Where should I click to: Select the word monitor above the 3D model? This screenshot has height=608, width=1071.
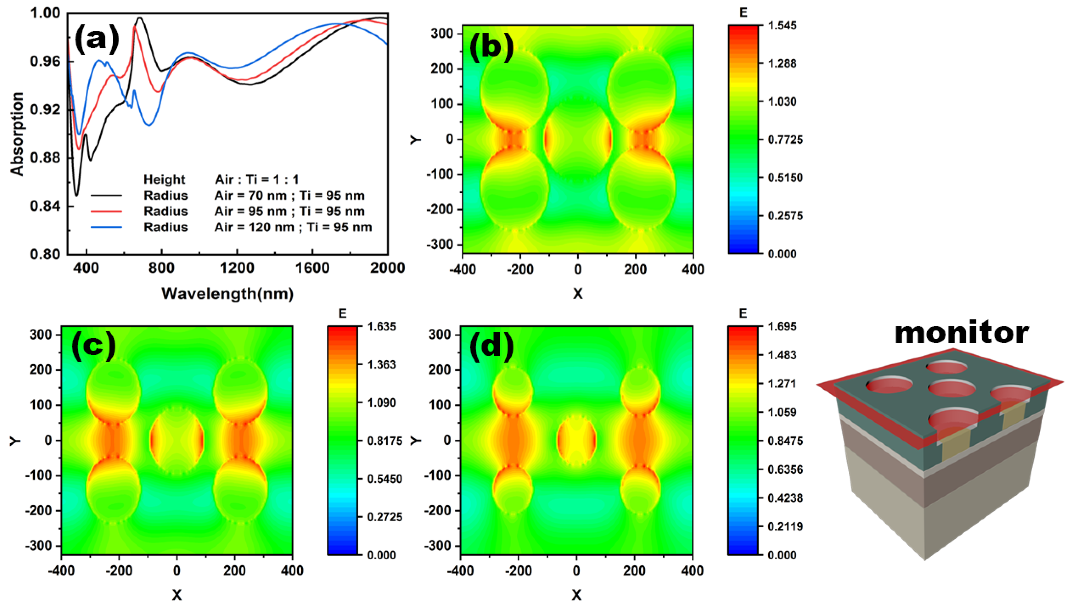(x=961, y=333)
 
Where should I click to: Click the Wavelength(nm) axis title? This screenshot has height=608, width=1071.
(x=227, y=294)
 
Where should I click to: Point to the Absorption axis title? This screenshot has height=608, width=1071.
(x=17, y=134)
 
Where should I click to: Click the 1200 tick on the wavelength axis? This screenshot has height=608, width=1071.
(x=237, y=268)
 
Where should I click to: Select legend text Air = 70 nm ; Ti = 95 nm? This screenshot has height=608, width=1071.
(x=289, y=195)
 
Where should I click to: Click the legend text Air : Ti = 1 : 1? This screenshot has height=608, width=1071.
(x=257, y=179)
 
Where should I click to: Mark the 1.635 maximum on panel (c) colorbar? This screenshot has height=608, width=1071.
(x=382, y=326)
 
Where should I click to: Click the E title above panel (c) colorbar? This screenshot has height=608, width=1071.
(x=342, y=313)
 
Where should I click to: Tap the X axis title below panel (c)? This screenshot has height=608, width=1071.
(x=177, y=595)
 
